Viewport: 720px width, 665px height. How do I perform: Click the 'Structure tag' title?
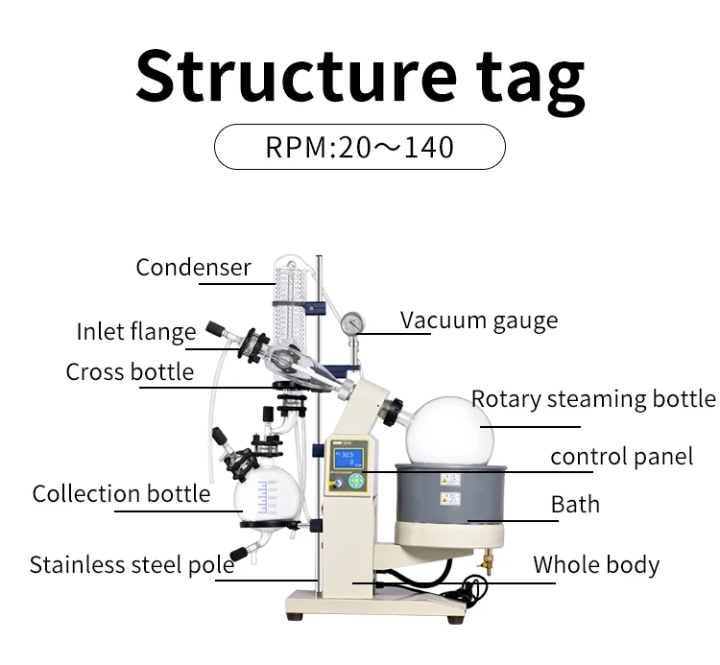pos(360,79)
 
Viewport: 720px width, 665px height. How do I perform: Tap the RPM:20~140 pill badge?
pos(360,147)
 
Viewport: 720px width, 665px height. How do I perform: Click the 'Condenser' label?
pos(193,267)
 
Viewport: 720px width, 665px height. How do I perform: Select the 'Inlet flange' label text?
pos(136,332)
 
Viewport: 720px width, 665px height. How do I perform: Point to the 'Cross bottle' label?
pos(130,371)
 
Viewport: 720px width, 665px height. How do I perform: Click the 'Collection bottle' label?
pos(121,494)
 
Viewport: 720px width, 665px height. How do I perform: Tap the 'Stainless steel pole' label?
pos(132,564)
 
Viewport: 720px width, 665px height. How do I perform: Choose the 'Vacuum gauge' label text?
pos(479,321)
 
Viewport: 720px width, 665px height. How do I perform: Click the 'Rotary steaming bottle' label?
pos(593,399)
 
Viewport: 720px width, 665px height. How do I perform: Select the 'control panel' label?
pos(622,457)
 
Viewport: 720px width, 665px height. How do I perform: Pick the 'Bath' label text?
pos(575,505)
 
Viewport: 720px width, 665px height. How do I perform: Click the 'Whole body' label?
pos(596,565)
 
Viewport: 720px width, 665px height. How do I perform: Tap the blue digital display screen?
pos(349,459)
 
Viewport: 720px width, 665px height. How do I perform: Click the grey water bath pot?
pos(451,493)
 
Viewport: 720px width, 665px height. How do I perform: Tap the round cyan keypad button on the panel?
pos(356,482)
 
